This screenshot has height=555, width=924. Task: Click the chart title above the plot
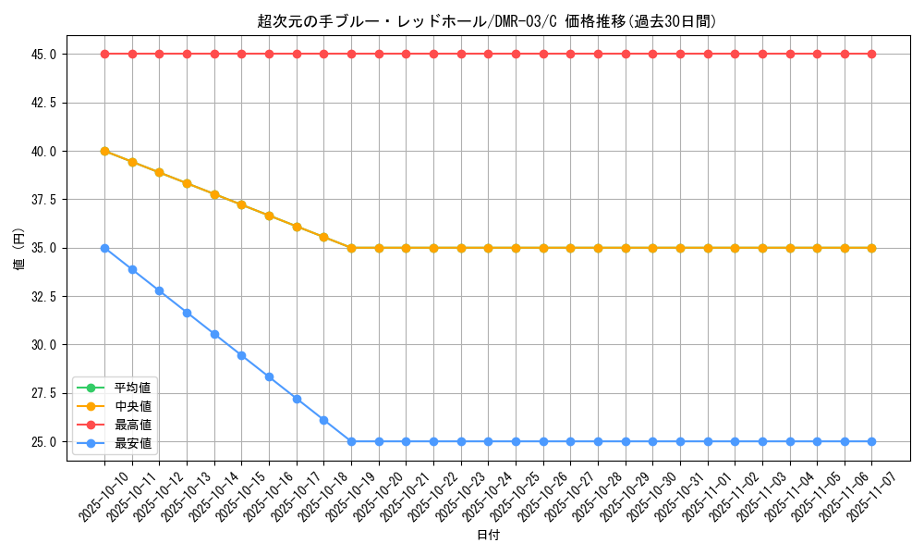coord(487,21)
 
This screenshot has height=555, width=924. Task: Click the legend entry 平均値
coord(132,387)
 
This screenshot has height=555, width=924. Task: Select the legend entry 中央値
coord(132,405)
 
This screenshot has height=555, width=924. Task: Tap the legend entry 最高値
coord(132,425)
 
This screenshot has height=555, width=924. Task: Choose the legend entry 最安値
coord(132,443)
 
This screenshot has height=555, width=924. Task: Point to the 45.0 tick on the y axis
coord(43,55)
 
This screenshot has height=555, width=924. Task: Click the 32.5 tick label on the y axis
coord(43,297)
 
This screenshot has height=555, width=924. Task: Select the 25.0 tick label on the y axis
coord(43,442)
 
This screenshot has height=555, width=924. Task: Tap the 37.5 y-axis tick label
coord(43,200)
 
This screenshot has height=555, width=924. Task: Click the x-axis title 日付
coord(488,536)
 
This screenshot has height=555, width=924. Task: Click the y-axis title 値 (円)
coord(19,248)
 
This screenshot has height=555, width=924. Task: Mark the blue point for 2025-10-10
coord(104,248)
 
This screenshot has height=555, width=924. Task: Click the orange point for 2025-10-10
coord(104,151)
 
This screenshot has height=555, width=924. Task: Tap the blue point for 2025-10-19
coord(351,441)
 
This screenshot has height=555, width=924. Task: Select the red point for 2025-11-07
coord(871,54)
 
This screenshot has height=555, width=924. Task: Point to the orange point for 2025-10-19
coord(351,248)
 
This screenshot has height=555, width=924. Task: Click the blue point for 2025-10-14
coord(214,334)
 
